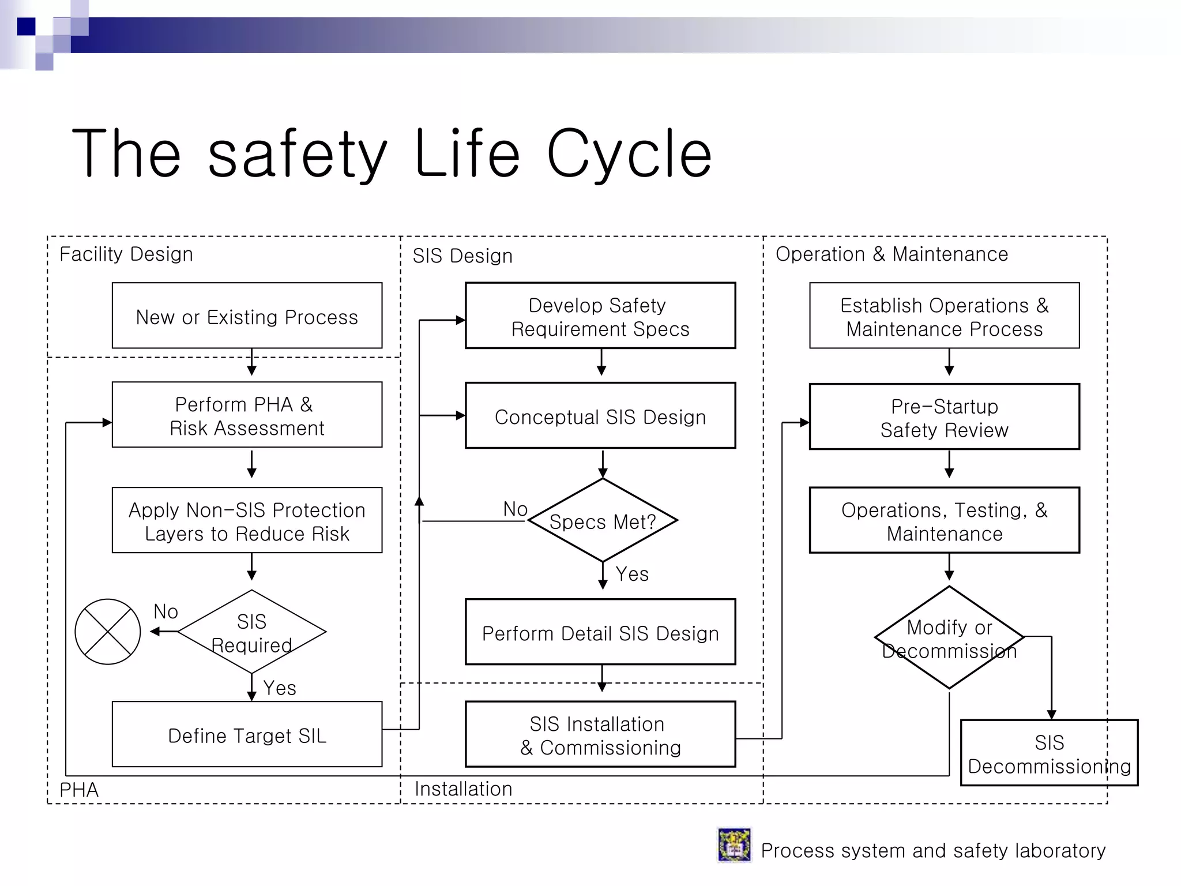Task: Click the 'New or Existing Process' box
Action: pyautogui.click(x=247, y=316)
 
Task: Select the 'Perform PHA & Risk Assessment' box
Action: pyautogui.click(x=247, y=415)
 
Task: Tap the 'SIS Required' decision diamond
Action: pyautogui.click(x=252, y=632)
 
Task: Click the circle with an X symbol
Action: pyautogui.click(x=108, y=632)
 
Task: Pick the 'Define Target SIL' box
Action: pyautogui.click(x=247, y=734)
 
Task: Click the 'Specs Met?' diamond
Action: pyautogui.click(x=603, y=521)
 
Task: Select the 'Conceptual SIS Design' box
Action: pyautogui.click(x=600, y=416)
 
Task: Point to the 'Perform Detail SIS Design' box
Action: pyautogui.click(x=600, y=632)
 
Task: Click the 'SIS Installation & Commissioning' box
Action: pyautogui.click(x=600, y=734)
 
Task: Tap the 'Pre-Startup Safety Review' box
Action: pyautogui.click(x=944, y=417)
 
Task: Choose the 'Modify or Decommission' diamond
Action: pyautogui.click(x=949, y=638)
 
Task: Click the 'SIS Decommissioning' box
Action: pyautogui.click(x=1049, y=753)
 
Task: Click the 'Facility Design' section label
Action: pyautogui.click(x=126, y=254)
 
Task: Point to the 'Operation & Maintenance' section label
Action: pyautogui.click(x=892, y=254)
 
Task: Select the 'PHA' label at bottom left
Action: pyautogui.click(x=79, y=790)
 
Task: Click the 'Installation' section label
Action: pyautogui.click(x=463, y=789)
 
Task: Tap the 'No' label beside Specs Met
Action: pyautogui.click(x=515, y=509)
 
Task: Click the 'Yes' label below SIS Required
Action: pyautogui.click(x=280, y=688)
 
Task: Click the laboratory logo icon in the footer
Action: pyautogui.click(x=734, y=845)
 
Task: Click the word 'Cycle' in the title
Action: pyautogui.click(x=629, y=153)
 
